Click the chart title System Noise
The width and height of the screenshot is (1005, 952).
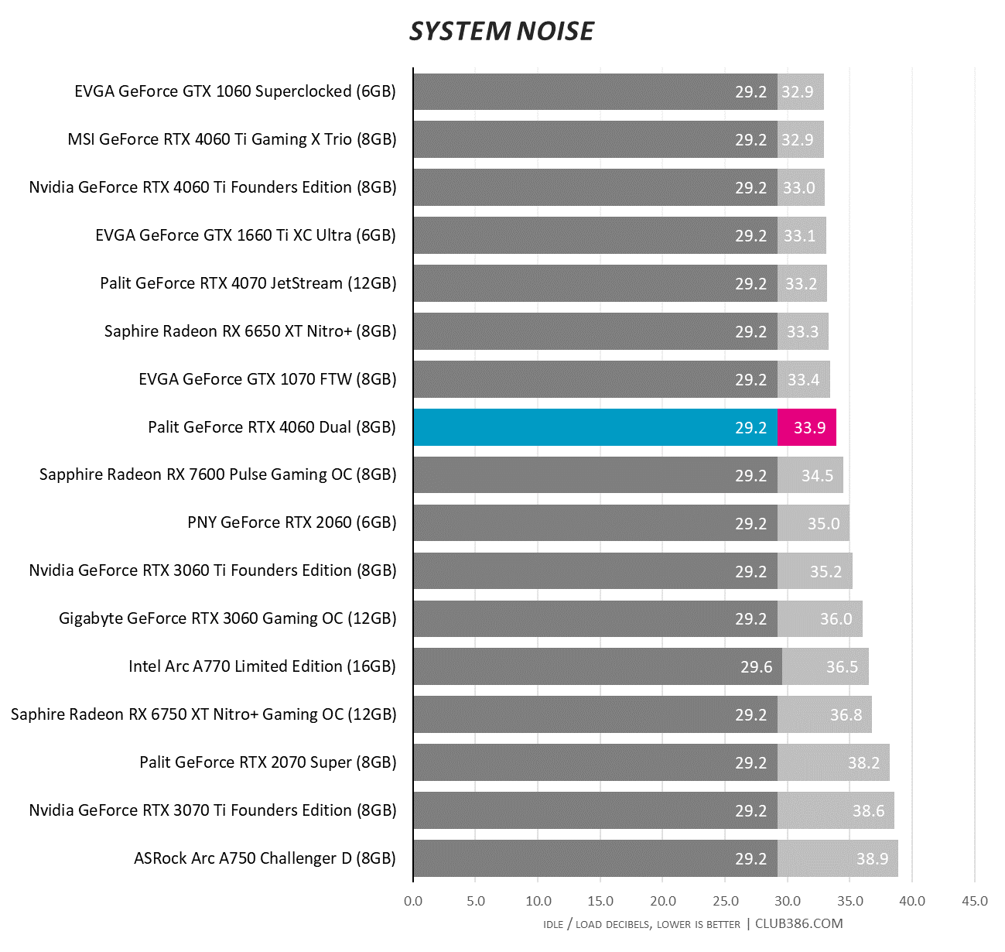point(501,31)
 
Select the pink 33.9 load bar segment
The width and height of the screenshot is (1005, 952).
point(807,427)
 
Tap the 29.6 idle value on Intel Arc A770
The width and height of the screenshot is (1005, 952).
point(756,667)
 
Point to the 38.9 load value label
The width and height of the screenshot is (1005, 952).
point(872,859)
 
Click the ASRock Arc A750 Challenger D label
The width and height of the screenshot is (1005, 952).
point(265,858)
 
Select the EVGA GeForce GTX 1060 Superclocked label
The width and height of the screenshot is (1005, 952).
point(235,91)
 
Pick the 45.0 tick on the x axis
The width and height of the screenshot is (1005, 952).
point(974,901)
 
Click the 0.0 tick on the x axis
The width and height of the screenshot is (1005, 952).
point(413,901)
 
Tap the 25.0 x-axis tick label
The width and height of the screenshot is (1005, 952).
point(725,901)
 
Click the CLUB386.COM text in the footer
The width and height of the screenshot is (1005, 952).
point(798,923)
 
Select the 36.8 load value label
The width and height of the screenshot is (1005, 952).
point(846,715)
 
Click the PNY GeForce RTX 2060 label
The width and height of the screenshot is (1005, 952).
point(292,522)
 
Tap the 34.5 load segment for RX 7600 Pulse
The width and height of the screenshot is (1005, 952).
point(811,475)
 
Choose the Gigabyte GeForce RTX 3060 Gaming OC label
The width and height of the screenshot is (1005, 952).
point(227,618)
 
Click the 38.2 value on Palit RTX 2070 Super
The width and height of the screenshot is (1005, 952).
point(863,763)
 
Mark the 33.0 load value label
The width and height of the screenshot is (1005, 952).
point(798,188)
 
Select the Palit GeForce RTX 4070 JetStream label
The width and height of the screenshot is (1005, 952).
point(248,283)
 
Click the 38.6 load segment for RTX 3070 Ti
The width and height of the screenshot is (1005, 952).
point(836,810)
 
